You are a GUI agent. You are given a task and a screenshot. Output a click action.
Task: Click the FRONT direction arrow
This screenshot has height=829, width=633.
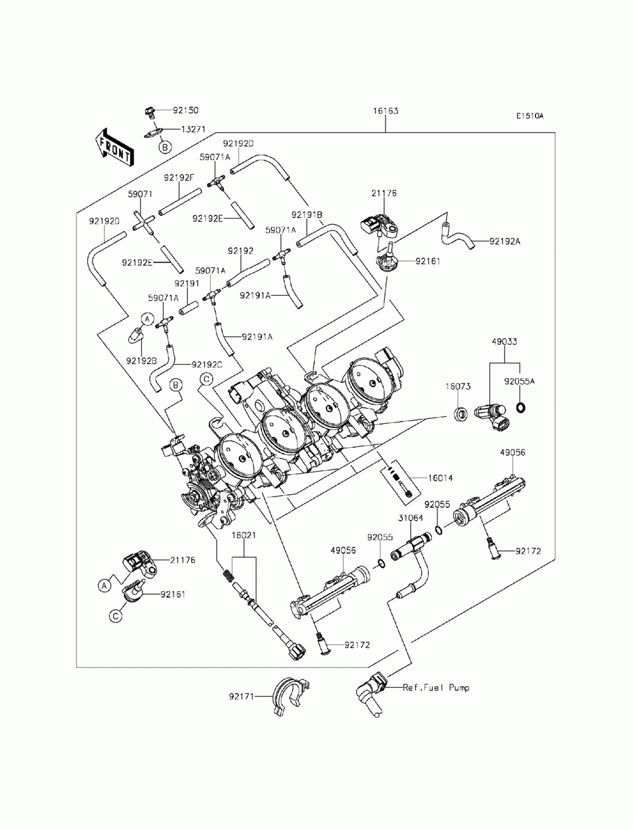click(114, 148)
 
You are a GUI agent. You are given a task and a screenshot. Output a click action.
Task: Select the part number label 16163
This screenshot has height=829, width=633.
click(385, 111)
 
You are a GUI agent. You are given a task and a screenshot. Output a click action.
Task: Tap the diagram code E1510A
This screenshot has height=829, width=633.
click(530, 117)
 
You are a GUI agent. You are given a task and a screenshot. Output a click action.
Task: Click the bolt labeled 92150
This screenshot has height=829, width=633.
click(149, 113)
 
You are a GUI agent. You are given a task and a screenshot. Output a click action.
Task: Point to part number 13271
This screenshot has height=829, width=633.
click(193, 130)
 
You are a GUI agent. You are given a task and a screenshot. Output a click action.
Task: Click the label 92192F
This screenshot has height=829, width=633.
click(179, 177)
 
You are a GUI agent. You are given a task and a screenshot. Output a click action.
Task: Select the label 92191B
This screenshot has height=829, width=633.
click(306, 215)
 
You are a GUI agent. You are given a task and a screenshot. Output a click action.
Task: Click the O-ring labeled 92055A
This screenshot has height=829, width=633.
click(521, 407)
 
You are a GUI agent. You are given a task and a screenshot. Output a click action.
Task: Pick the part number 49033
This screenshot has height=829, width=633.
click(505, 341)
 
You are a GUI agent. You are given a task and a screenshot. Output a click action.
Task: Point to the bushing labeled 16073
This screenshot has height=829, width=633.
click(460, 415)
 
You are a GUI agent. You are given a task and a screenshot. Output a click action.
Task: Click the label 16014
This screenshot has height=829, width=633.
click(440, 478)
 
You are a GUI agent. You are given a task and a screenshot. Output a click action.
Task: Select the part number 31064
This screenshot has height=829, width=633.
click(410, 518)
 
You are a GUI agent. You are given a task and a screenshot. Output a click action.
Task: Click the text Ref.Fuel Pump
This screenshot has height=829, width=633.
click(436, 688)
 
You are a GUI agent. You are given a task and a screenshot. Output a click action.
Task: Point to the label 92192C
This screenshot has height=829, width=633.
click(207, 365)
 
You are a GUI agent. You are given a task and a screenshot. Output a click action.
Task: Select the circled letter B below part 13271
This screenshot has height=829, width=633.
click(165, 147)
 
